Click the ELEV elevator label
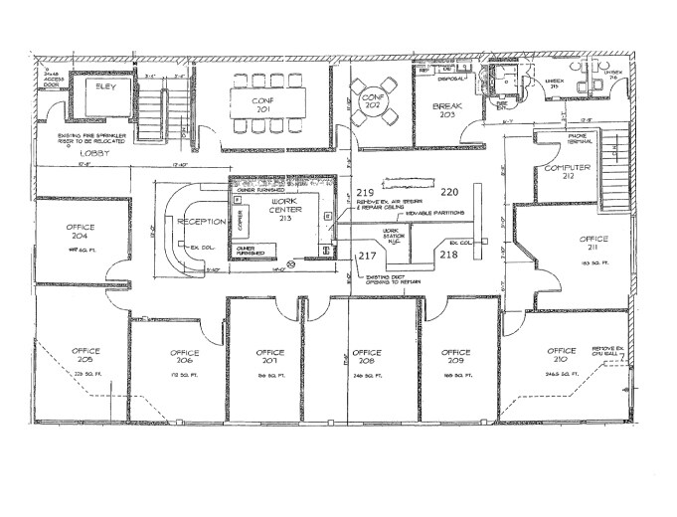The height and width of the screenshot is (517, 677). pos(102,86)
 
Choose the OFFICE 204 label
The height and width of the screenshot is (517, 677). pos(82,233)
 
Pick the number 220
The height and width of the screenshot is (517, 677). pos(449,191)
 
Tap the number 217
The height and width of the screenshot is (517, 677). pos(367,256)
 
